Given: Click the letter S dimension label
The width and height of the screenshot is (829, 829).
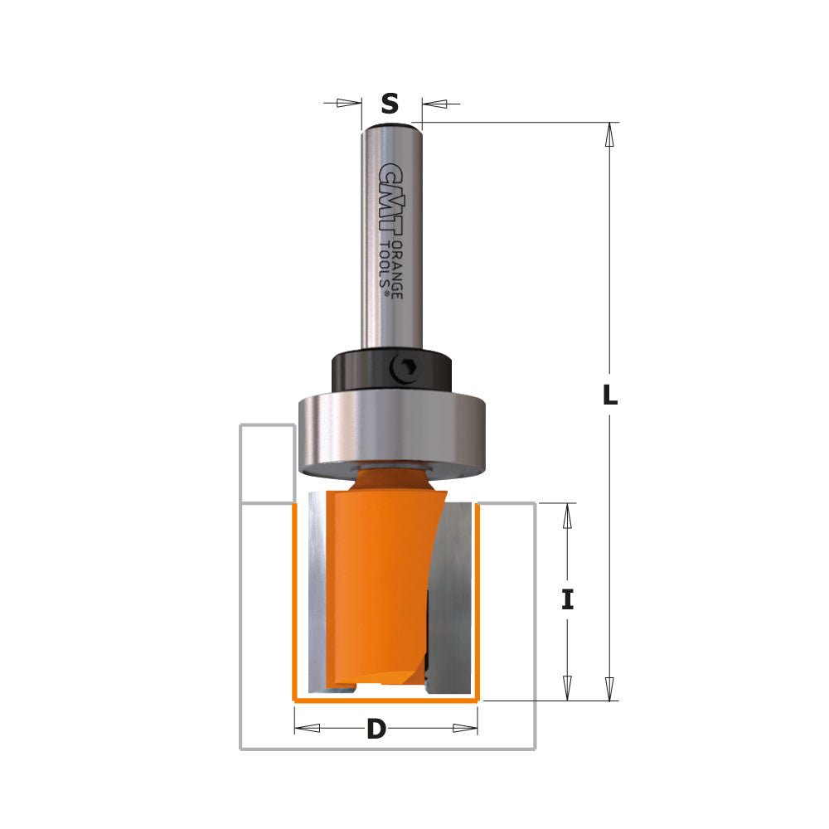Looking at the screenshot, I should click(390, 104).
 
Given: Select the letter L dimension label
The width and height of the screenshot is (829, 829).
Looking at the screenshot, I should click(609, 396).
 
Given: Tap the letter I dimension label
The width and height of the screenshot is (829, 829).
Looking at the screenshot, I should click(567, 599).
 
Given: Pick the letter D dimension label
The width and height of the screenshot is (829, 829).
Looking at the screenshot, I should click(376, 730).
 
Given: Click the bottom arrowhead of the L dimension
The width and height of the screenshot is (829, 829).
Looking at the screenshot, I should click(609, 688).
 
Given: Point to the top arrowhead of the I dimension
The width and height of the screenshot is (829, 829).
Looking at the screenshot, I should click(567, 516).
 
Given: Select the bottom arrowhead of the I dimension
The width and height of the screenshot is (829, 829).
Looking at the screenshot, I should click(567, 687).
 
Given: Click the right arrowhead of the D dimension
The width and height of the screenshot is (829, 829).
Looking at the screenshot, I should click(465, 729).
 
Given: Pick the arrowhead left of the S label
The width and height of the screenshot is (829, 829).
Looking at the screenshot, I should click(350, 103).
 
